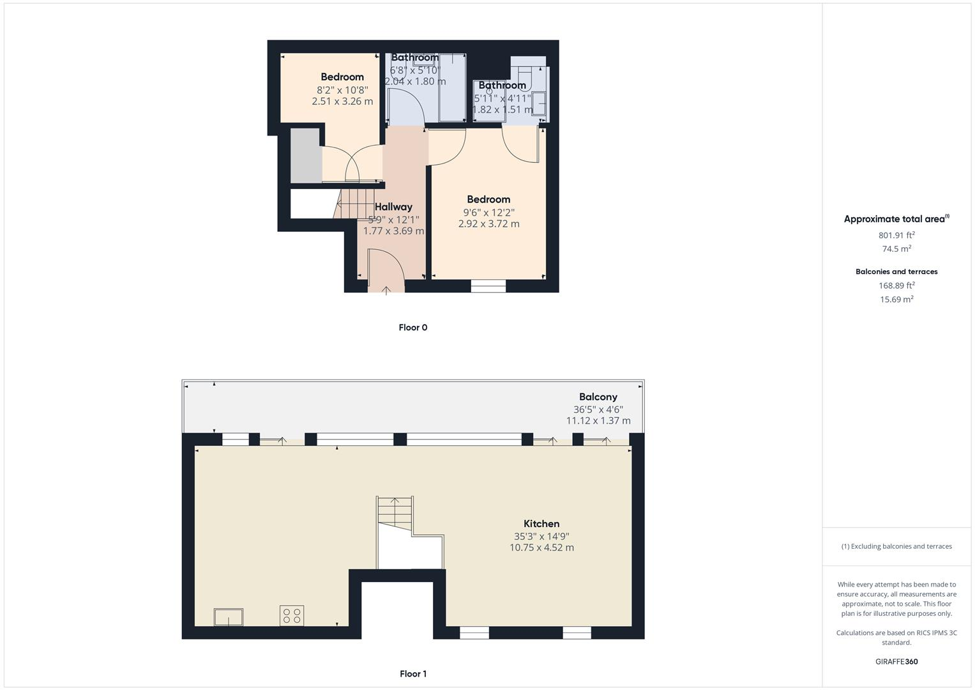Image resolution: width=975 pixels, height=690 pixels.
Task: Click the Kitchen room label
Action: (541, 523)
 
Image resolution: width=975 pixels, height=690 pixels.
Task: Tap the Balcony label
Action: (598, 397)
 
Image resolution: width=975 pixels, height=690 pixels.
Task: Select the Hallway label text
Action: (393, 206)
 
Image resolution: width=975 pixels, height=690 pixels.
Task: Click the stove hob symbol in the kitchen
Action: (292, 616)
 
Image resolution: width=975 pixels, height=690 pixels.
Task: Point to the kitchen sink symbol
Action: (228, 617)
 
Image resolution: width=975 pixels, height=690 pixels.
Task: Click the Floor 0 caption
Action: (412, 327)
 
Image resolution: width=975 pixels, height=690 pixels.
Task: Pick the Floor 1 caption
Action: (412, 673)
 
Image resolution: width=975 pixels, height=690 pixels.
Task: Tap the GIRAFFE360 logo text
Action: (896, 661)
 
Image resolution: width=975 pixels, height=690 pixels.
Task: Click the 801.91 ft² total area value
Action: (896, 235)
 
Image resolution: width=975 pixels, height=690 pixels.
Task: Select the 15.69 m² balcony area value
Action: (896, 299)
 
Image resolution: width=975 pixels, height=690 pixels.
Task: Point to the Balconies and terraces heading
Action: (896, 272)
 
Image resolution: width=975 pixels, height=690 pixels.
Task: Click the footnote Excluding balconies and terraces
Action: (896, 546)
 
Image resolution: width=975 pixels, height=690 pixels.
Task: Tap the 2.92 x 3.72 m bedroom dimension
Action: (488, 224)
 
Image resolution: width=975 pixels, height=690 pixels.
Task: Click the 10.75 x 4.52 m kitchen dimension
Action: (541, 548)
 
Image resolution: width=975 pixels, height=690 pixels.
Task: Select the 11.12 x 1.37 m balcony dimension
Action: (598, 420)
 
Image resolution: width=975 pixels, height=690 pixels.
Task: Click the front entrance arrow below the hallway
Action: (386, 291)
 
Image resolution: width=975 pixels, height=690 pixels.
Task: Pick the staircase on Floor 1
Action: (395, 511)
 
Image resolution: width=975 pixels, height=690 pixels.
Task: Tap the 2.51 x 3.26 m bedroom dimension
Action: (342, 101)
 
